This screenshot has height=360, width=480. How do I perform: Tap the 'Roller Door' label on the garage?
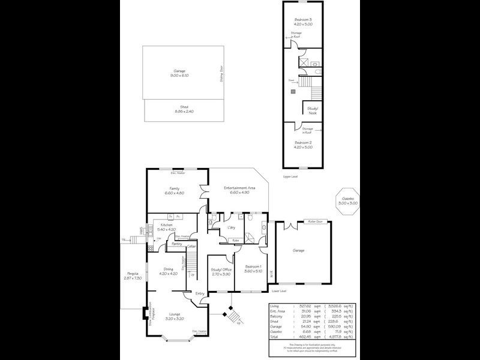[316, 222]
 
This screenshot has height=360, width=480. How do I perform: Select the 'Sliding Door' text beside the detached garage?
[222, 77]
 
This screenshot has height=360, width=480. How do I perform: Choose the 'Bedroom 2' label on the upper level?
[301, 143]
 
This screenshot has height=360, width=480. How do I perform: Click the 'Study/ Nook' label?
[313, 110]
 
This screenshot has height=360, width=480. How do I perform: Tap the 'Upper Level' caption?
[290, 176]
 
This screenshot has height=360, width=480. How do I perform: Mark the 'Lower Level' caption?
[279, 290]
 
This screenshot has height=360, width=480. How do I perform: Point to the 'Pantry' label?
[177, 244]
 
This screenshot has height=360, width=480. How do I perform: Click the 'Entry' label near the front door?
[200, 293]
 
